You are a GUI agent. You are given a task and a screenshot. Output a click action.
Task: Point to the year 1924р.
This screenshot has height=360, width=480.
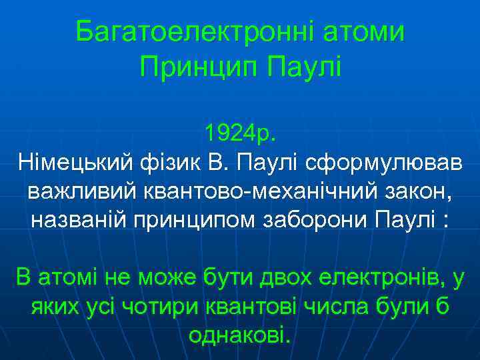[239, 133]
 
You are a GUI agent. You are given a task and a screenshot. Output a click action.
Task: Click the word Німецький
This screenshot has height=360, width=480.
[75, 161]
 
